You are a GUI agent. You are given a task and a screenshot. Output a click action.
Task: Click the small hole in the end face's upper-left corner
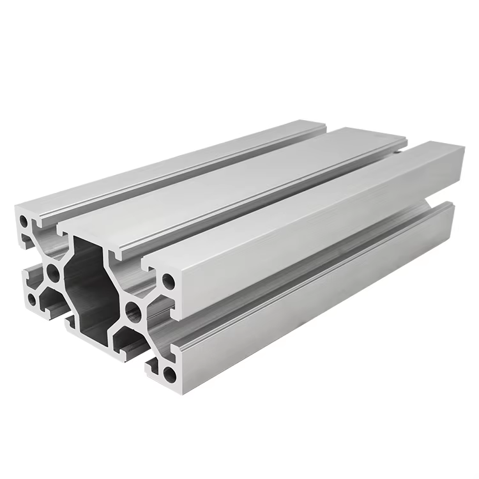coord(24,222)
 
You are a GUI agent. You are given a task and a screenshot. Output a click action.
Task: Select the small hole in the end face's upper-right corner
coord(168,280)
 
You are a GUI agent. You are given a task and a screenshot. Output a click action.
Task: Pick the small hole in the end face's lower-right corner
coord(169,372)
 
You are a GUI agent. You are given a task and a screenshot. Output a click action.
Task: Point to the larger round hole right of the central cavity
coord(133,312)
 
